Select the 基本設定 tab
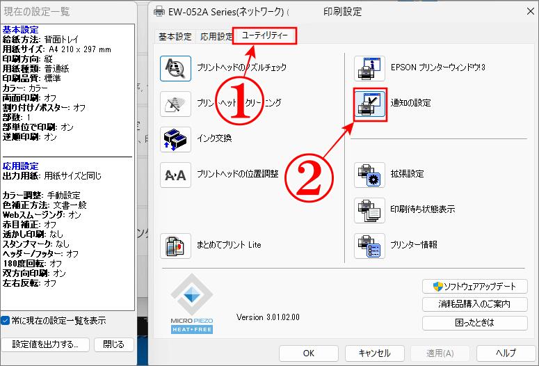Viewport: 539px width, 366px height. click(175, 37)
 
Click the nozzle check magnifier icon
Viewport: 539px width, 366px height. click(175, 67)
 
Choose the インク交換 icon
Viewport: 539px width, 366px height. click(175, 138)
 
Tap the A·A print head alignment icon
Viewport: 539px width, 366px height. click(175, 175)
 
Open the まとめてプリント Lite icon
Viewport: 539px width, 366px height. click(175, 246)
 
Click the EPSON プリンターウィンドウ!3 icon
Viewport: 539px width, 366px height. click(370, 68)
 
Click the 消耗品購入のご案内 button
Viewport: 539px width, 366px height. click(474, 305)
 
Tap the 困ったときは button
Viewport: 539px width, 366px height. click(474, 323)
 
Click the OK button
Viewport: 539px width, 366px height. click(310, 353)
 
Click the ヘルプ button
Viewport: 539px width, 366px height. click(506, 353)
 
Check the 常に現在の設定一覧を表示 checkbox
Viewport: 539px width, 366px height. click(6, 321)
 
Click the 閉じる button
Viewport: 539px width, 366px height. click(113, 344)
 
